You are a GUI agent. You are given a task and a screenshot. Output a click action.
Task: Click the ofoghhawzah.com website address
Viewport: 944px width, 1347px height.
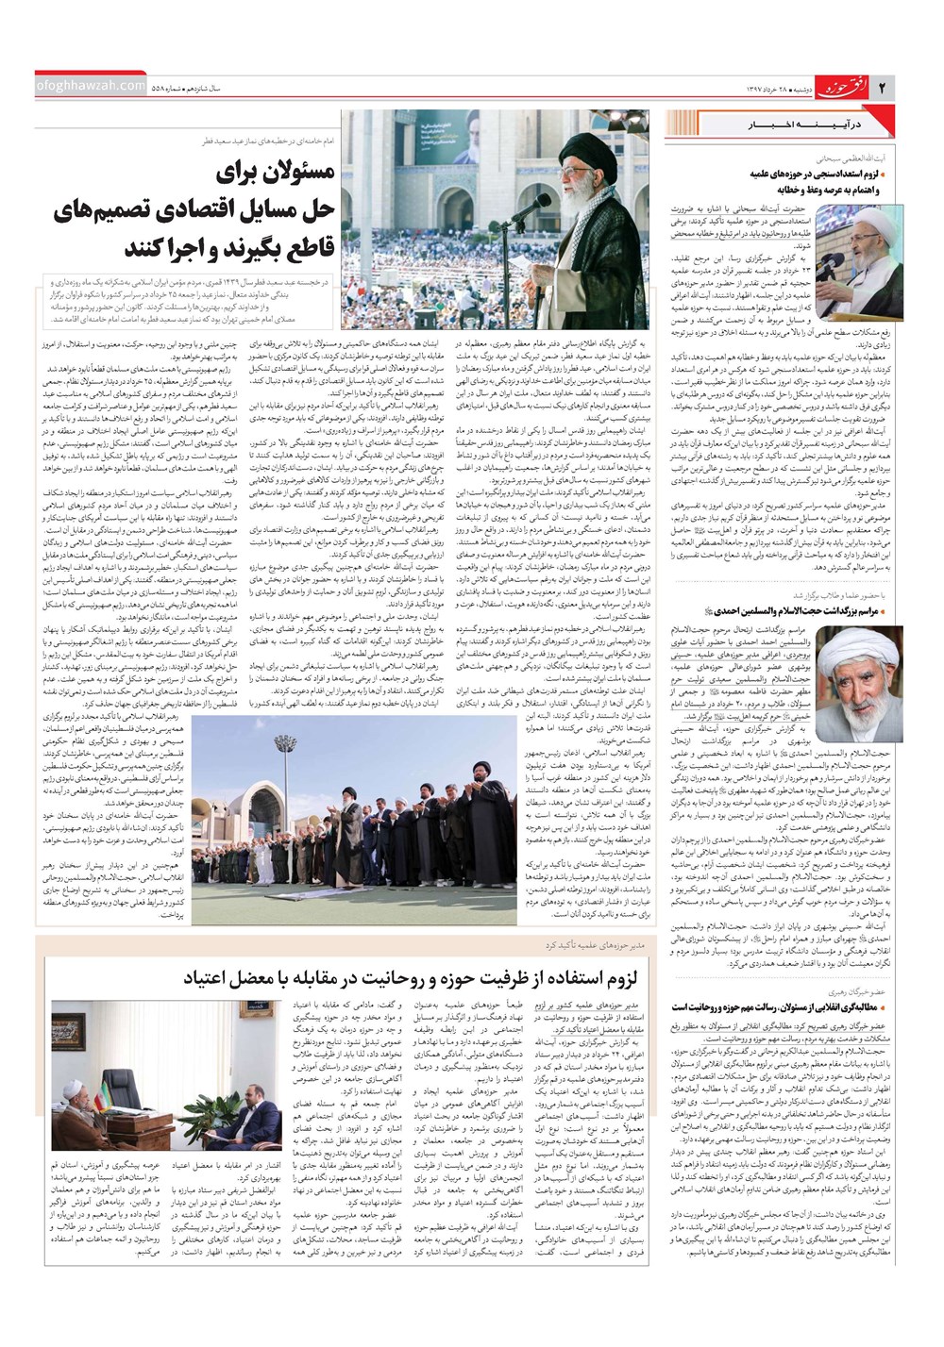click(x=91, y=86)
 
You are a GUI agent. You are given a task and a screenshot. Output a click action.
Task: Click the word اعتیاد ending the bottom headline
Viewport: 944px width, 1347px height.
click(x=210, y=979)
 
